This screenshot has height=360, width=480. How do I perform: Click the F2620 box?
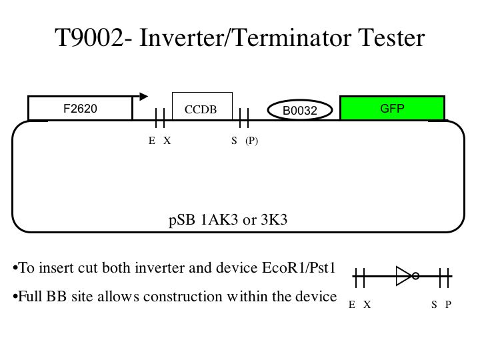(x=80, y=109)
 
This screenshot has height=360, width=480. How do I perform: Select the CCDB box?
(x=201, y=109)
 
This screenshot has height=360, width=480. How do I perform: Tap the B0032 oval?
(x=299, y=111)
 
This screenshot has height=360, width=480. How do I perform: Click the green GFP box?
(x=392, y=109)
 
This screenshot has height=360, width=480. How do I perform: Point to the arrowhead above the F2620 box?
(x=143, y=95)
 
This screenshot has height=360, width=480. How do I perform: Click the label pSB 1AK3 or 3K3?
(x=228, y=220)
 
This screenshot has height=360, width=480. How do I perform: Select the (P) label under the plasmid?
(x=251, y=141)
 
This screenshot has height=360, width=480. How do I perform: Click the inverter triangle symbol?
(x=403, y=275)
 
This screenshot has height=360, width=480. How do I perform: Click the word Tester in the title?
(x=390, y=38)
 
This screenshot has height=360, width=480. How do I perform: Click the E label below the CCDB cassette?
(x=152, y=141)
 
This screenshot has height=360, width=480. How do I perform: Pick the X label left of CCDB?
(x=167, y=141)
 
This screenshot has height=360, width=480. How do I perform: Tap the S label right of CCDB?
(x=234, y=141)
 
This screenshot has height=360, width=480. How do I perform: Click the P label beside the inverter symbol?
(x=449, y=305)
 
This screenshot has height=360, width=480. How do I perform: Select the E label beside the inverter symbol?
(x=352, y=305)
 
